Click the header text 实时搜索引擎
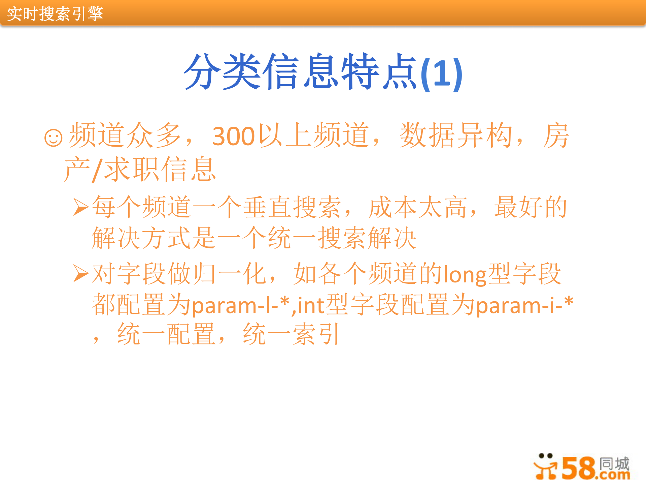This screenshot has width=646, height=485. [55, 14]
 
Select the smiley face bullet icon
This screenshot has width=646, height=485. [53, 138]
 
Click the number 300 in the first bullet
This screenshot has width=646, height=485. [233, 137]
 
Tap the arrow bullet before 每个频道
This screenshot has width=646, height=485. [81, 207]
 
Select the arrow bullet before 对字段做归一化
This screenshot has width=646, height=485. [81, 273]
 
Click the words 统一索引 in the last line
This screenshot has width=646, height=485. [291, 334]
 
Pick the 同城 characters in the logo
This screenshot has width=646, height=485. [614, 463]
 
